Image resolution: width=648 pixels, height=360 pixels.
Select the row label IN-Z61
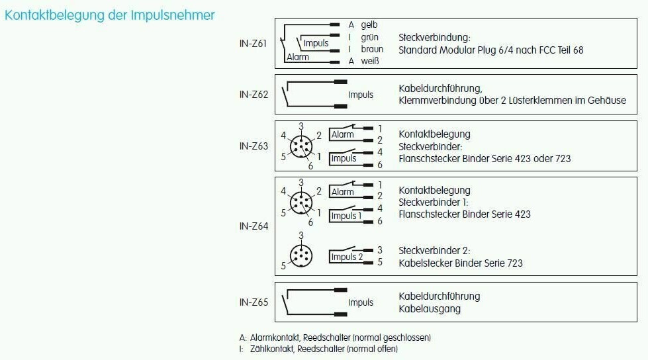[254, 44]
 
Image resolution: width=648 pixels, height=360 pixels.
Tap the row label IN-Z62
[254, 95]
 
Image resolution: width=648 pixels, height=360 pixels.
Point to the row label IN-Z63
[254, 146]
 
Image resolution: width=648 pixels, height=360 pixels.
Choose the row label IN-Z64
[254, 226]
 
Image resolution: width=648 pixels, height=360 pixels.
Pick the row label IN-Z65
[254, 302]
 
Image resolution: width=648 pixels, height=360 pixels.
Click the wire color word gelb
[369, 24]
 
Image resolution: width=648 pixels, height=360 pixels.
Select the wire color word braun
[372, 49]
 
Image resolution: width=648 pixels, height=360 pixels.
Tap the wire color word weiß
[370, 62]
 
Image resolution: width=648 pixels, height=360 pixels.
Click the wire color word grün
[370, 37]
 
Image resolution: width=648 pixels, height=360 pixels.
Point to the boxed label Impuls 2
[347, 257]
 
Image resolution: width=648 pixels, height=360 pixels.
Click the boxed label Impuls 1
[347, 216]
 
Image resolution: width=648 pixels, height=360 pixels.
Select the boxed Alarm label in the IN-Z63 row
[343, 134]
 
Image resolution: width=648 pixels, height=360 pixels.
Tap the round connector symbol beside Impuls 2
[302, 255]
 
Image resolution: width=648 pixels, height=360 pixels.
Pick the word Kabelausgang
[430, 308]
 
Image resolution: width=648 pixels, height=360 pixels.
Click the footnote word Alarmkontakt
[271, 337]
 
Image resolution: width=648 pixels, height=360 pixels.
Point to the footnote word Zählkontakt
[272, 349]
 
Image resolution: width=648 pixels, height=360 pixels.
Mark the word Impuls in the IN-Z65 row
[361, 302]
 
